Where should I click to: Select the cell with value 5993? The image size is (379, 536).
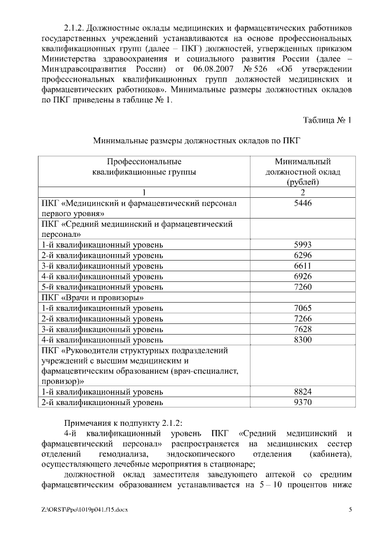click(x=302, y=245)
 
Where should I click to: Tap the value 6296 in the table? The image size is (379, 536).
click(x=302, y=255)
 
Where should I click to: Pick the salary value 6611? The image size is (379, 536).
click(x=302, y=266)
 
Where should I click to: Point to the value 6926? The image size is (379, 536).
click(x=302, y=277)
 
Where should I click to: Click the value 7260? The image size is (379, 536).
click(x=302, y=287)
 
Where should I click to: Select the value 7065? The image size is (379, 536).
click(x=302, y=309)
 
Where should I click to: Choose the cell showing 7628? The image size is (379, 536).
click(x=302, y=329)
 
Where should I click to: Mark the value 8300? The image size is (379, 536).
click(x=302, y=340)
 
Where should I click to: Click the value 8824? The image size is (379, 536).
click(x=302, y=392)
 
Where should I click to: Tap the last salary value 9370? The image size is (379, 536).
click(x=302, y=403)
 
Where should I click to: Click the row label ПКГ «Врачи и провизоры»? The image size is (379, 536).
click(x=93, y=298)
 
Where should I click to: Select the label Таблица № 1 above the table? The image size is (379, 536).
click(x=327, y=120)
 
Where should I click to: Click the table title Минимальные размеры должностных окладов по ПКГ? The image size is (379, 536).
click(x=197, y=141)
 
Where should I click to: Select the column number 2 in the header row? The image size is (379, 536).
click(x=302, y=192)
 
